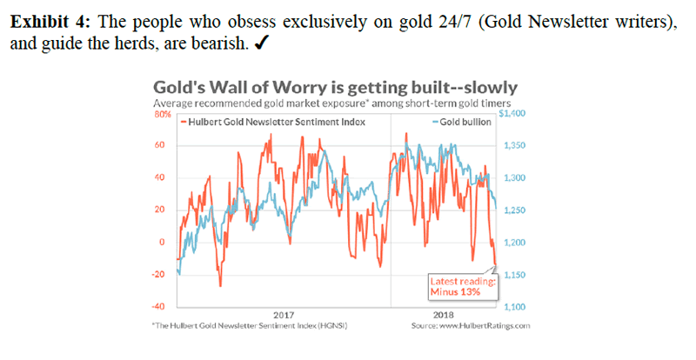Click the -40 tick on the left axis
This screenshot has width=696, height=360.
[160, 307]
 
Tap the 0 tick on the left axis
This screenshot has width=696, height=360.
[163, 243]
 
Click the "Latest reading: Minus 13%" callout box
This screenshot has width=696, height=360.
[463, 286]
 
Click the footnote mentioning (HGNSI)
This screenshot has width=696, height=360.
[244, 326]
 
